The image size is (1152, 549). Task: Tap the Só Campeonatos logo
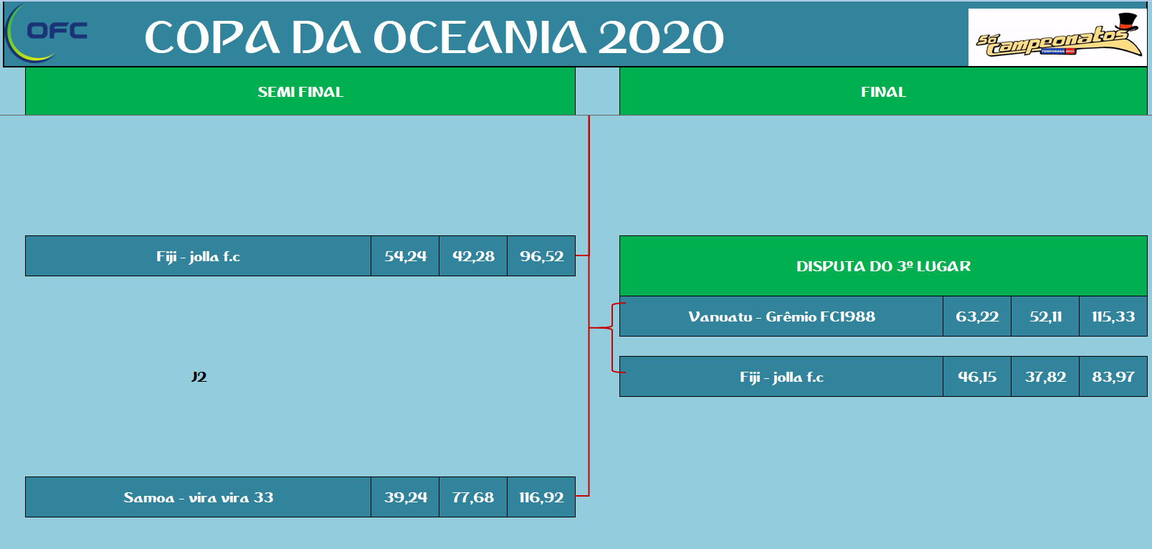point(1057,37)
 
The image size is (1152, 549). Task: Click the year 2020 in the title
point(661,37)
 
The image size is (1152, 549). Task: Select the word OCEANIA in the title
point(480,37)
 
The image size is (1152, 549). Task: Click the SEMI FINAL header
point(300,92)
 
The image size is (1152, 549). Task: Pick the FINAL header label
point(883,92)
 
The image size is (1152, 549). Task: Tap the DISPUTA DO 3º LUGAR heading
point(883,266)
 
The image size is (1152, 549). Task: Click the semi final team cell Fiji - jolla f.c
point(198,256)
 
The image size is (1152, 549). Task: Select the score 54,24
point(405,256)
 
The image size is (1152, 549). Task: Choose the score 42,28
point(473,256)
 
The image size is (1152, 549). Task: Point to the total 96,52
point(541,256)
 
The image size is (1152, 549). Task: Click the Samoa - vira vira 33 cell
point(198,497)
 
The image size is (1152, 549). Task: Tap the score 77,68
point(473,497)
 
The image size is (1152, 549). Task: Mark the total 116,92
point(541,497)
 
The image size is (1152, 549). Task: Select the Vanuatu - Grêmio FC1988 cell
point(781,316)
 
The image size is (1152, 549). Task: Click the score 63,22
point(977,316)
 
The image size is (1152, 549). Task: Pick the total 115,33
point(1113,316)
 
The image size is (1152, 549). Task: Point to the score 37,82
point(1045,377)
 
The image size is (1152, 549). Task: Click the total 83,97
point(1113,377)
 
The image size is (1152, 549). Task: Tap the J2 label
point(199,377)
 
